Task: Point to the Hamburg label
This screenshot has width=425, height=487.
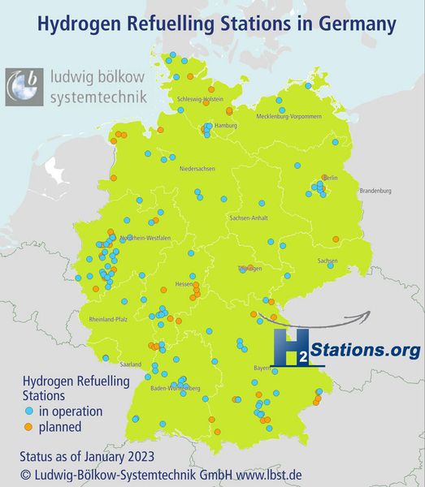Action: [x=225, y=127]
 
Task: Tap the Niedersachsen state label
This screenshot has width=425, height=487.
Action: [x=197, y=168]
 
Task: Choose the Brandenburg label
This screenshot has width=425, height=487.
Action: [x=375, y=191]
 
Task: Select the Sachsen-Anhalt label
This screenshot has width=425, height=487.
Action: [x=250, y=218]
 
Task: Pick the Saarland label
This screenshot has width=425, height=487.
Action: [x=131, y=364]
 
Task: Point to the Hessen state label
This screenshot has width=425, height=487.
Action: [x=184, y=285]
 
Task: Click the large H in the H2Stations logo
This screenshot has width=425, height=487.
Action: [x=286, y=347]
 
